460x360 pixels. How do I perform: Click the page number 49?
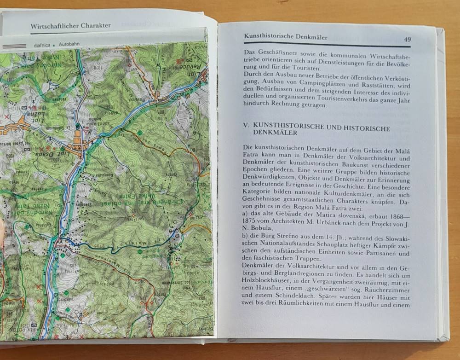(407, 40)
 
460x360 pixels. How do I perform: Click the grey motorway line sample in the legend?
(15, 46)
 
